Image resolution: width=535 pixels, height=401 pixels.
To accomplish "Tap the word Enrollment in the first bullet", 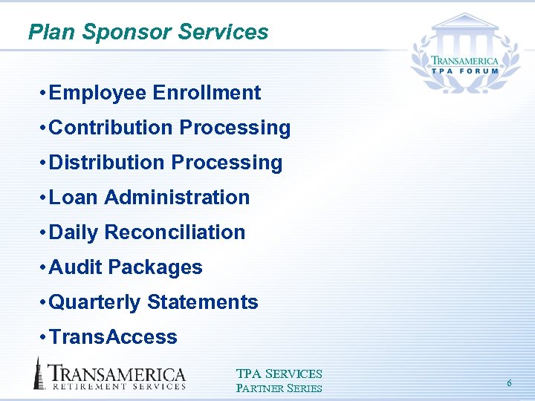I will [207, 93].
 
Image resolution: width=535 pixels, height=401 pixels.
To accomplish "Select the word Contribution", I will [111, 128].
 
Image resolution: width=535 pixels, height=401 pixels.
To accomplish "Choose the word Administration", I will [177, 198].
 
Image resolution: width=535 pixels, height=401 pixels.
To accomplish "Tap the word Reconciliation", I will [175, 232].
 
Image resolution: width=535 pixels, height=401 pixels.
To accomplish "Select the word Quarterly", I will [94, 302].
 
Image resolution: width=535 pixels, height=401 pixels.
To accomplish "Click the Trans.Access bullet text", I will [113, 337].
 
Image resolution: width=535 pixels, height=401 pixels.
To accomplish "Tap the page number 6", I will [509, 383].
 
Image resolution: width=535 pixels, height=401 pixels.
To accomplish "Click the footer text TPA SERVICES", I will [279, 374].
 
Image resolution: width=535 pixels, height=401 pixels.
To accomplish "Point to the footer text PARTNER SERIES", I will [279, 388].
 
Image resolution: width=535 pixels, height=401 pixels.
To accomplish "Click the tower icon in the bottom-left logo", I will [38, 373].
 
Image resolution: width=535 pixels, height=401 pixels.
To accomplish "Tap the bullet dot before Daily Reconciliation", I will [45, 233].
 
